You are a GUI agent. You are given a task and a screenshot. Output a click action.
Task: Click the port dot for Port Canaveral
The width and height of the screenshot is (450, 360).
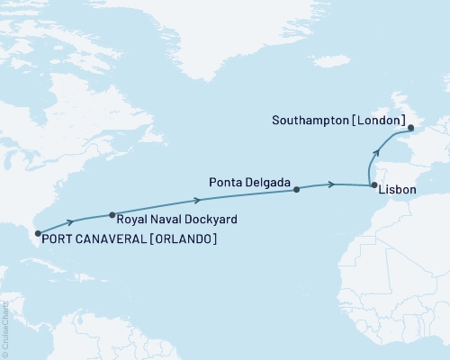(x=36, y=234)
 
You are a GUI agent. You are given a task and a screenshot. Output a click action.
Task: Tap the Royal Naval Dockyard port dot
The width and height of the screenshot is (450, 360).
(x=112, y=215)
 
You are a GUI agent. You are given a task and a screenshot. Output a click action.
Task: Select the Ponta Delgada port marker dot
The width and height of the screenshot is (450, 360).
(x=296, y=190)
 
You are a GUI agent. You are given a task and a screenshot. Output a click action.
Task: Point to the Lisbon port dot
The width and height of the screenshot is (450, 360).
(x=373, y=185)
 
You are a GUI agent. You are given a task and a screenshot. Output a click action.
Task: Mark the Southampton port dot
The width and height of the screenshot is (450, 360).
(x=409, y=129)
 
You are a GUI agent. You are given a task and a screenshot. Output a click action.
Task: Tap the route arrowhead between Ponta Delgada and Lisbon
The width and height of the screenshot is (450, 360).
(x=333, y=184)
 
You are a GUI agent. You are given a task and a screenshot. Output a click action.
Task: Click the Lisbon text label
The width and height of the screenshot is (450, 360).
(x=397, y=191)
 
